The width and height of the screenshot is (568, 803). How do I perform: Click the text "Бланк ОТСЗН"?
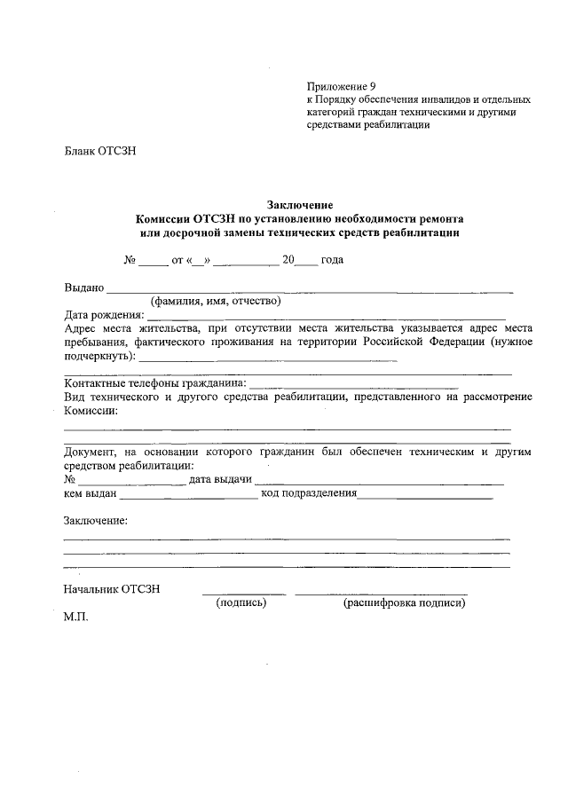click(x=99, y=151)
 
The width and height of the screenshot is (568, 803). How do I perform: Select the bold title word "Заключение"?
click(x=299, y=204)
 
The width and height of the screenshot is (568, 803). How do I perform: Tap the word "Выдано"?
click(x=84, y=287)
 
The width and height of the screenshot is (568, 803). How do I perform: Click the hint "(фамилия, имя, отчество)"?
click(x=216, y=301)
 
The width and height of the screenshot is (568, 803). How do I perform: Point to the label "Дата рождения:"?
click(x=104, y=314)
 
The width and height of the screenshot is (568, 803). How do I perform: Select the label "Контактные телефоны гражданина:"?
click(x=156, y=384)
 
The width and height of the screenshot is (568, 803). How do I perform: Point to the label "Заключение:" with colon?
click(x=96, y=520)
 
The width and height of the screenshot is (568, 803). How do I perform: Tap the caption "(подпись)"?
click(x=242, y=602)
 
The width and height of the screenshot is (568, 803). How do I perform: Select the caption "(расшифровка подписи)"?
click(x=404, y=602)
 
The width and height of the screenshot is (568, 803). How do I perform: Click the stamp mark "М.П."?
click(x=76, y=616)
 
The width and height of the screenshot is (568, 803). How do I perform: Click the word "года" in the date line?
click(x=332, y=260)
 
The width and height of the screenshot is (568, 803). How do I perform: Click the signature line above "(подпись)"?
click(x=243, y=592)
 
